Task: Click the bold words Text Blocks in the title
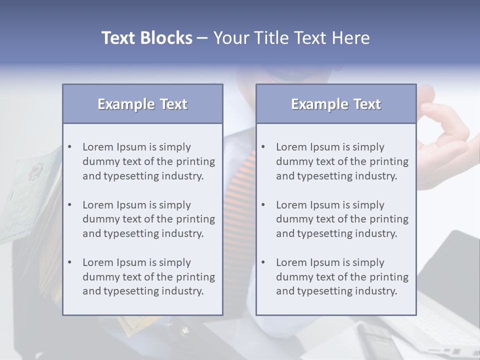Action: tap(146, 38)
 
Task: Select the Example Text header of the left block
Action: tap(142, 104)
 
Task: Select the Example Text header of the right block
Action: tap(336, 104)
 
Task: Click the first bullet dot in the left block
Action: tap(69, 147)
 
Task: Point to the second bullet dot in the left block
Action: tap(69, 205)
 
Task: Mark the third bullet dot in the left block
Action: tap(69, 262)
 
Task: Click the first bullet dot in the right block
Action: tap(263, 147)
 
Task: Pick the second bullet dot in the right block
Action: tap(263, 205)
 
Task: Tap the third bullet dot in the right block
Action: tap(263, 262)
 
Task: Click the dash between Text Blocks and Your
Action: tap(202, 38)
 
